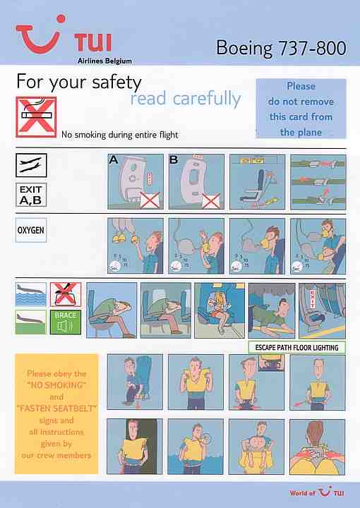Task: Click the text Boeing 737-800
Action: tap(281, 48)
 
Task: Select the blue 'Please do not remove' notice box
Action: tap(301, 109)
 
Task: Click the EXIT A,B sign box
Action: tap(31, 194)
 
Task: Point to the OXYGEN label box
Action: tap(31, 230)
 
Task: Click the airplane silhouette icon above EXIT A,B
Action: tap(31, 164)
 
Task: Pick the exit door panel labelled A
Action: tap(135, 181)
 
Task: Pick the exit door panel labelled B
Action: tap(196, 181)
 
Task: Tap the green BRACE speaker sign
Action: tap(65, 321)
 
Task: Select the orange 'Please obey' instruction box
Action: tap(56, 413)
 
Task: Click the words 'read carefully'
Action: tap(186, 99)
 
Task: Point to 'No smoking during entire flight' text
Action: tap(120, 135)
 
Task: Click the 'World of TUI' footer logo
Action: tap(317, 493)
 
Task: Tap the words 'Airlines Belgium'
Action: tap(103, 61)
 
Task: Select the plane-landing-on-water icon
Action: tap(30, 292)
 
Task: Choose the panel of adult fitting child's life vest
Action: tap(256, 446)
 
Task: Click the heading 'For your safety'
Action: tap(79, 82)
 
